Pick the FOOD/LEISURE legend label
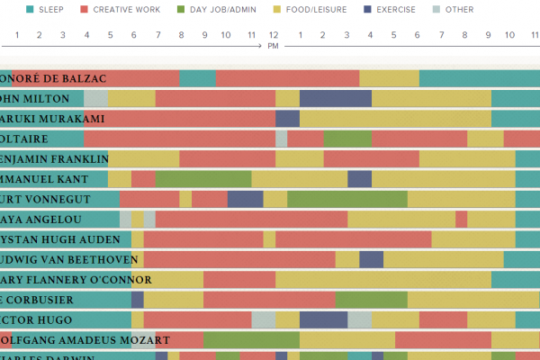(x=310, y=10)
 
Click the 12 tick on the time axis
(x=273, y=36)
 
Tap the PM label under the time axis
(x=273, y=46)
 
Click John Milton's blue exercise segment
(x=336, y=98)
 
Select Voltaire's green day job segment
(x=347, y=139)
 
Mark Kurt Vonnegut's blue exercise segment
(x=245, y=199)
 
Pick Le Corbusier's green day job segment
(x=371, y=300)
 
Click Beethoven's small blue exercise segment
(x=371, y=259)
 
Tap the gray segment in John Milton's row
(x=95, y=98)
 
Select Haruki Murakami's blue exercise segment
(x=287, y=119)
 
